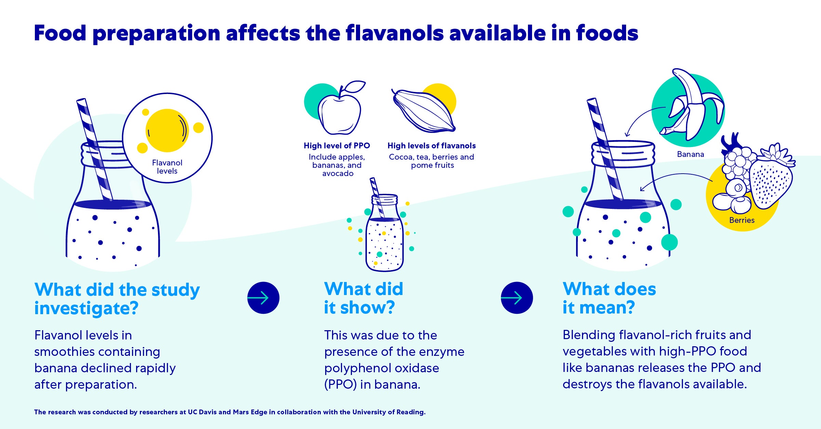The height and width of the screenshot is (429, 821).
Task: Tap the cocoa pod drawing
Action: pos(424,111)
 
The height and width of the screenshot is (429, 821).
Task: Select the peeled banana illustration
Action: pos(691,106)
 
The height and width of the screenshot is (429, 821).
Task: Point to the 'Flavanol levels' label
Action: pos(167,167)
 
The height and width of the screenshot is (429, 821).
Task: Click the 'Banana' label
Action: pos(690,154)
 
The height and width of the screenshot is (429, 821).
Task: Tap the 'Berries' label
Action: pos(742,220)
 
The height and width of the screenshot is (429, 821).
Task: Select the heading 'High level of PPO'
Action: pos(337,146)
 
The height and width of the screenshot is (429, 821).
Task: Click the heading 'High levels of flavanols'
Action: pos(432,146)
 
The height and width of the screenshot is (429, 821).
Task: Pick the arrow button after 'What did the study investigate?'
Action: pos(263,298)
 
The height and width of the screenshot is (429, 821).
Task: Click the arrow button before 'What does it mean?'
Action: pos(517,298)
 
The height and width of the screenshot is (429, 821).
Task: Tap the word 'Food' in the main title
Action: pos(60,33)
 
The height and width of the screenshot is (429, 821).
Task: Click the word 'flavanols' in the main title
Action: pos(395,33)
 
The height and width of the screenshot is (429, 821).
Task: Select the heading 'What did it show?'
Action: pos(363,298)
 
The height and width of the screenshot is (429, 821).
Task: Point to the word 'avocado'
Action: pos(338,174)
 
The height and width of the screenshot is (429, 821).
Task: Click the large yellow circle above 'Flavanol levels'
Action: pos(167,130)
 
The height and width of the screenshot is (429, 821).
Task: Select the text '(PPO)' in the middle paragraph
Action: pos(340,385)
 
